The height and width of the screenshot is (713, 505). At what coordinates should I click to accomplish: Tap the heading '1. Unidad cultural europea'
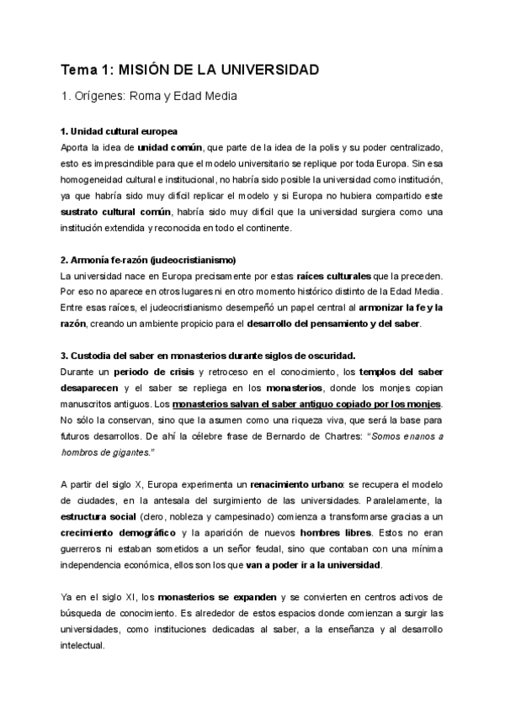tap(119, 133)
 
